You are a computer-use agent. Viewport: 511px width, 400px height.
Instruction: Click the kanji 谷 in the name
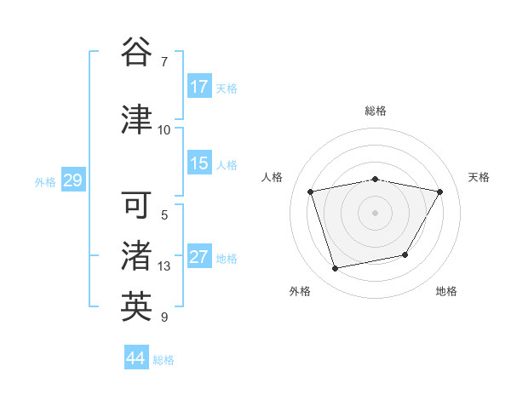(136, 53)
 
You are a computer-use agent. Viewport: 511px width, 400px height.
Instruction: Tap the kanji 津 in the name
(136, 119)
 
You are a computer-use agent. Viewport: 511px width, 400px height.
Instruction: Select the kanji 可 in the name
(136, 205)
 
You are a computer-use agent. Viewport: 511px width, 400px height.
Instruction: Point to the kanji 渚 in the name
(136, 256)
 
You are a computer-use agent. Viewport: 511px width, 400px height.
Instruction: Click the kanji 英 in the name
(136, 307)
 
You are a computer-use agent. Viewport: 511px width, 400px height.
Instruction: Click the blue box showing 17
(199, 87)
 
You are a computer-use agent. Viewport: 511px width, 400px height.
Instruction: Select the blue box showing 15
(199, 163)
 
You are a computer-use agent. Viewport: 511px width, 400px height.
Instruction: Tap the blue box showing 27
(199, 257)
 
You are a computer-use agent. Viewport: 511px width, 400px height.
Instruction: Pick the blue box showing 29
(72, 180)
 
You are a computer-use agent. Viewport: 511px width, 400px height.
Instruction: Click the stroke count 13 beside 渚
(164, 266)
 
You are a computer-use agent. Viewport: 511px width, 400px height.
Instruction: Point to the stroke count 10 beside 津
(164, 129)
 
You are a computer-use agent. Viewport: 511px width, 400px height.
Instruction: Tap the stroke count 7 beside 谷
(164, 62)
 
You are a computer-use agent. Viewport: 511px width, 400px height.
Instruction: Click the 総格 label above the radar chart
(376, 111)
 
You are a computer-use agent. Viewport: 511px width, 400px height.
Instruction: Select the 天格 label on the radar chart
(479, 177)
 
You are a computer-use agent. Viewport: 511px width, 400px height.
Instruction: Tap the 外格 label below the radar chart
(300, 291)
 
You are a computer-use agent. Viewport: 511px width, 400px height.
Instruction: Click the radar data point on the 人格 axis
(311, 191)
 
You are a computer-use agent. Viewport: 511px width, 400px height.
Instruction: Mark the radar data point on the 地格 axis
(405, 254)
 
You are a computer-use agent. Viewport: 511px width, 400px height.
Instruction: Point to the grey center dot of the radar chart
(376, 212)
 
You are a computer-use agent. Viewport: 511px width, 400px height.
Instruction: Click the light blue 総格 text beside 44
(164, 360)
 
